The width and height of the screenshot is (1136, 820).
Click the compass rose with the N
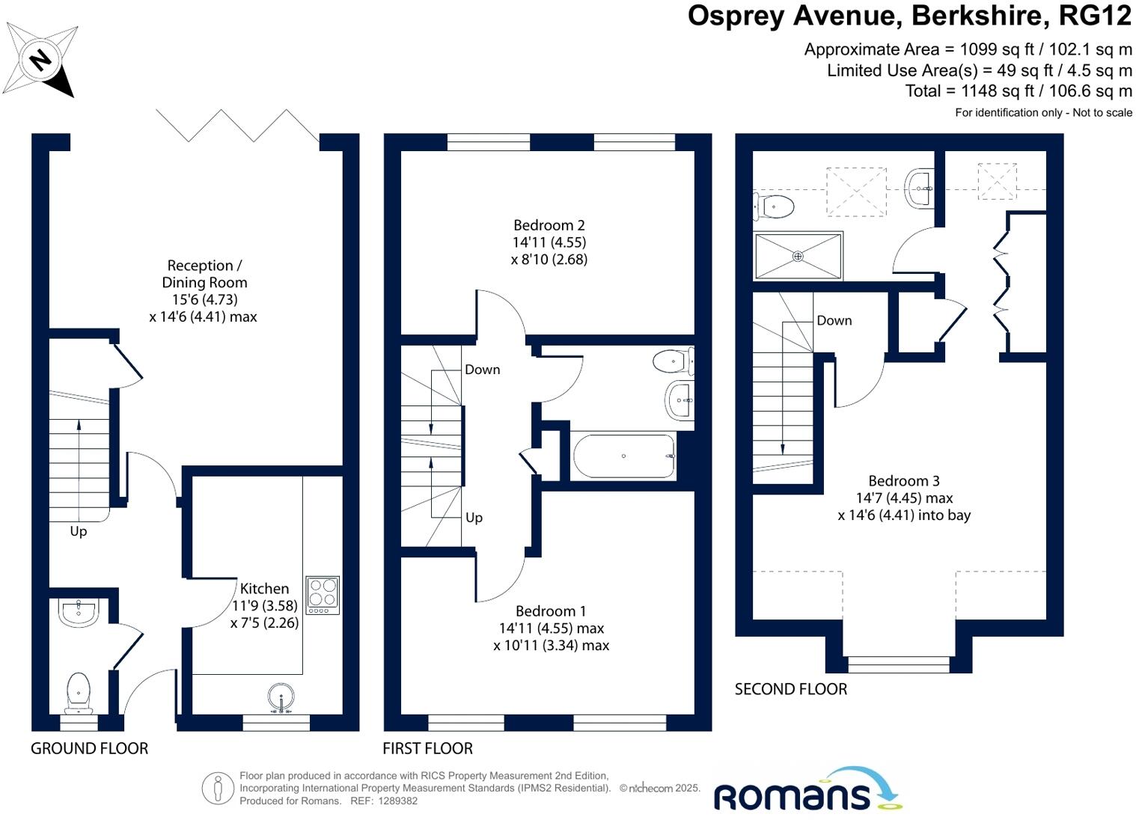coord(40,59)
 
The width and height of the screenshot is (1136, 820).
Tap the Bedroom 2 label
coord(549,225)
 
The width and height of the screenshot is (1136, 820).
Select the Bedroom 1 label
coord(551,611)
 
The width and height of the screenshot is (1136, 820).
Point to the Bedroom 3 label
coord(903,481)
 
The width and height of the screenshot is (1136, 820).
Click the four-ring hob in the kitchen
coord(323,595)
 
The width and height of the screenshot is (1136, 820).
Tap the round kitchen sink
coord(281,697)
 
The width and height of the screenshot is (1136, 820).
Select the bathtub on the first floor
coord(623,456)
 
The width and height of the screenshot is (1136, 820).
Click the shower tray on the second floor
coord(798,256)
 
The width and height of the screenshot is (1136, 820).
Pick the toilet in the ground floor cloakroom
coord(79,692)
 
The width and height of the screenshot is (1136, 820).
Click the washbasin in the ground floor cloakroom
coord(78,612)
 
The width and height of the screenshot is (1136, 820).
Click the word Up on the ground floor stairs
coord(78,531)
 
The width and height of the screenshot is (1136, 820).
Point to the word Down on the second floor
coord(834,320)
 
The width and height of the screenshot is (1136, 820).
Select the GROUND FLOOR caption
coord(89,748)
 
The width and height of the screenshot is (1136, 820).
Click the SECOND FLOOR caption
coord(790,689)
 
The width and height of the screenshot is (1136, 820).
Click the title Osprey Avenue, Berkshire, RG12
coord(909,16)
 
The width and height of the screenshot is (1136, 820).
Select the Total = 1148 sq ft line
coord(1018,91)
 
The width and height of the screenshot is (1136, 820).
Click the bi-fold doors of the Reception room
coord(237,125)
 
